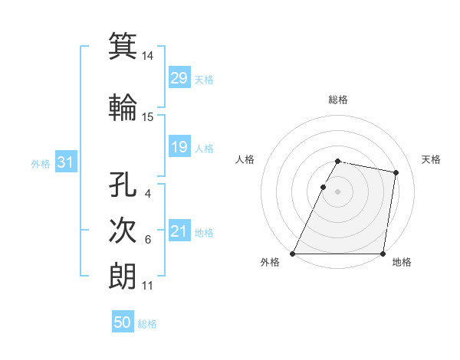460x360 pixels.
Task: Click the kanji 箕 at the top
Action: [x=123, y=46]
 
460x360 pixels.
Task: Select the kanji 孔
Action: [x=123, y=185]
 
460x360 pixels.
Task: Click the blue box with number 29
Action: [x=179, y=78]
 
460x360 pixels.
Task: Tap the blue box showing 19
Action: [x=179, y=147]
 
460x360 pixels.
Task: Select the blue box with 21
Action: [x=179, y=231]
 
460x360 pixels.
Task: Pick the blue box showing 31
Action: [x=65, y=162]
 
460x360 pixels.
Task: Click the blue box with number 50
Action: [x=123, y=322]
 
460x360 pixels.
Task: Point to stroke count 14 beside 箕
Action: [x=148, y=56]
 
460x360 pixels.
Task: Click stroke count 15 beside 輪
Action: [x=148, y=116]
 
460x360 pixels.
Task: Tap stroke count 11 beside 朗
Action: [x=148, y=286]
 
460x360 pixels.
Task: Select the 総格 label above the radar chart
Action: [x=338, y=100]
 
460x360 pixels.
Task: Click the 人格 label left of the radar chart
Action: [x=245, y=159]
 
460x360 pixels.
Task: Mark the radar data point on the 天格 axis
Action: [x=396, y=173]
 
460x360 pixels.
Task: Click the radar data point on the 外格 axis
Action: [x=293, y=254]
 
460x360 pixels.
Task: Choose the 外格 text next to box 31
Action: [x=41, y=163]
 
